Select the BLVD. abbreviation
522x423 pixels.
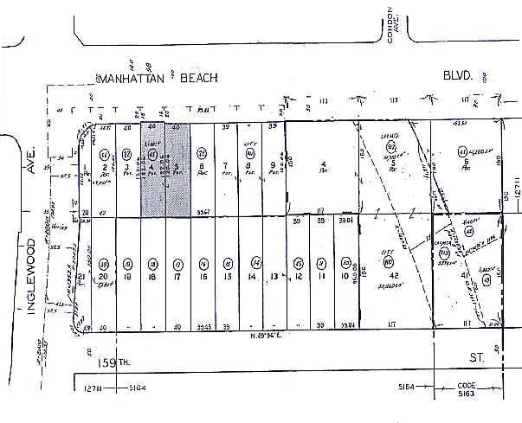(458, 76)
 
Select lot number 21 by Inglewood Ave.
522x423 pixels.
(81, 277)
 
